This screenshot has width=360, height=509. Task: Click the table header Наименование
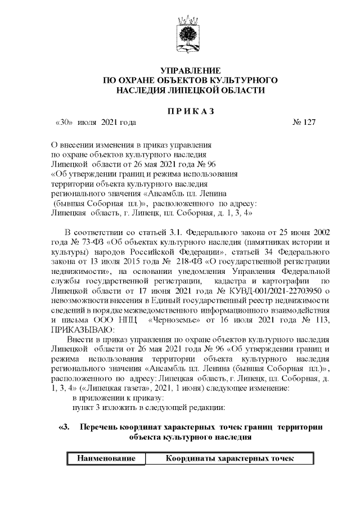pyautogui.click(x=106, y=458)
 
